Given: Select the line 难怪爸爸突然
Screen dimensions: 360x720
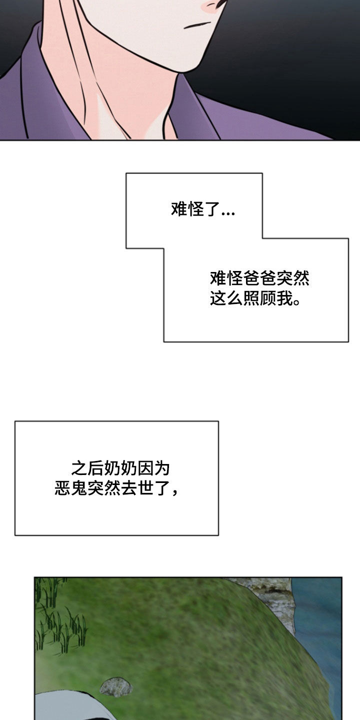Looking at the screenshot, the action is (259, 278).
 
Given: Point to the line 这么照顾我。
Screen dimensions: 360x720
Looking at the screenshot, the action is (255, 298).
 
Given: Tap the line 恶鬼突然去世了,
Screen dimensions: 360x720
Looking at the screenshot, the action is (116, 488).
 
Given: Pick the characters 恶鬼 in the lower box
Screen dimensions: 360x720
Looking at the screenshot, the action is (70, 488).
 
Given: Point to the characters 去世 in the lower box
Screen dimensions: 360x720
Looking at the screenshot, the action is (137, 488).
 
